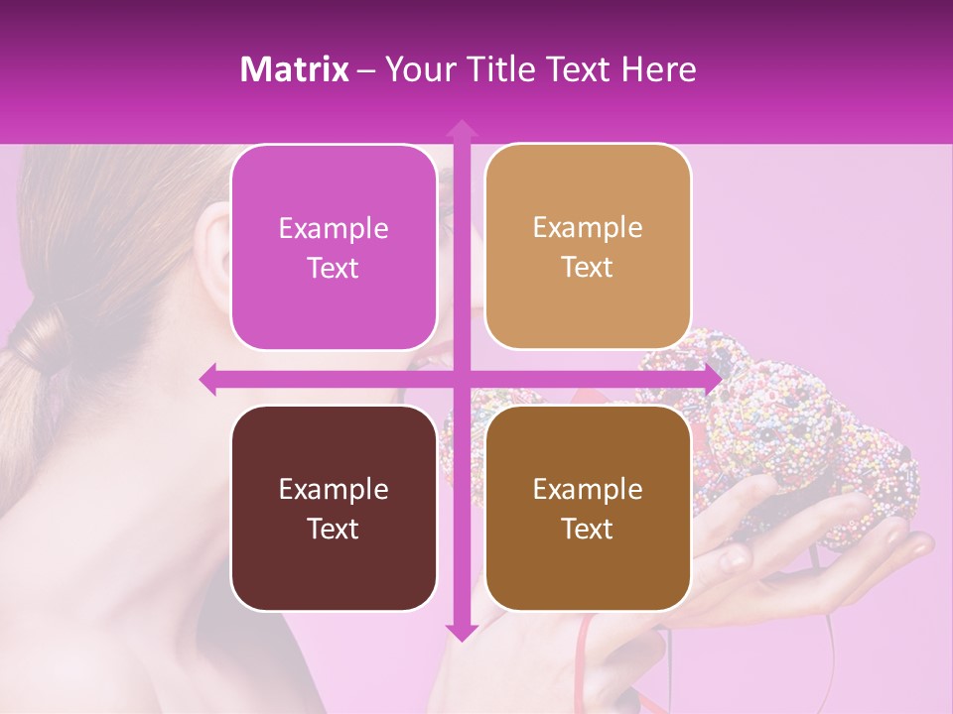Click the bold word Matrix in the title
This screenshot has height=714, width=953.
coord(294,69)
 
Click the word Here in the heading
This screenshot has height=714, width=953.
coord(658,69)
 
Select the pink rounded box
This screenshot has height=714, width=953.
coord(334,248)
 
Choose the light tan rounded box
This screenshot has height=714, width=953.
coord(588,247)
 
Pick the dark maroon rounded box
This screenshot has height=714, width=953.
coord(334,509)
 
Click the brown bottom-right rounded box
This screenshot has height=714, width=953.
coord(588,509)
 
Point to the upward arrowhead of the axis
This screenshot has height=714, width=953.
coord(461,129)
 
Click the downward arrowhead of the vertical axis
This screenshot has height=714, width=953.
coord(461,632)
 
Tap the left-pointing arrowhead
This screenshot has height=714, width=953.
coord(208,379)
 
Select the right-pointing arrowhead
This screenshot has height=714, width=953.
coord(712,379)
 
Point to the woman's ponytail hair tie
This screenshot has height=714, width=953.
coord(42,342)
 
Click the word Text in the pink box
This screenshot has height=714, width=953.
coord(334,269)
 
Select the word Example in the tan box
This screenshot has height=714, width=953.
coord(588,228)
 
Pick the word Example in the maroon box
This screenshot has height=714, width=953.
coord(334,489)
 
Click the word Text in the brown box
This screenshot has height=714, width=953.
coord(588,530)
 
